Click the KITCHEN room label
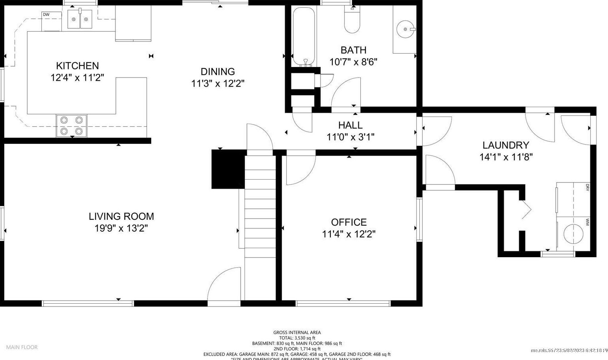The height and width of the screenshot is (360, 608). click(77, 65)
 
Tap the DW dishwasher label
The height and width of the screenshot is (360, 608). click(46, 15)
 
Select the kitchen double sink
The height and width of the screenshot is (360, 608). click(80, 19)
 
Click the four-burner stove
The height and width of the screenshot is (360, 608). click(71, 126)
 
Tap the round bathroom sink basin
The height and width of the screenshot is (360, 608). click(406, 29)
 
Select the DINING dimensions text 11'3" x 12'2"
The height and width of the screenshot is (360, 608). click(218, 84)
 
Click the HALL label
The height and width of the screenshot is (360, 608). click(350, 125)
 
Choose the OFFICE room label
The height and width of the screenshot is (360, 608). click(348, 222)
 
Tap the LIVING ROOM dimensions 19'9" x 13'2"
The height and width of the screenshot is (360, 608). click(121, 228)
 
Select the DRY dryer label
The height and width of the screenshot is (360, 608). click(587, 187)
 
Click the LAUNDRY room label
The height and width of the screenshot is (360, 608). click(506, 145)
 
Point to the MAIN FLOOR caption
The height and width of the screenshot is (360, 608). click(22, 347)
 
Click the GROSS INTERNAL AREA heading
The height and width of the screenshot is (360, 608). click(297, 332)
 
